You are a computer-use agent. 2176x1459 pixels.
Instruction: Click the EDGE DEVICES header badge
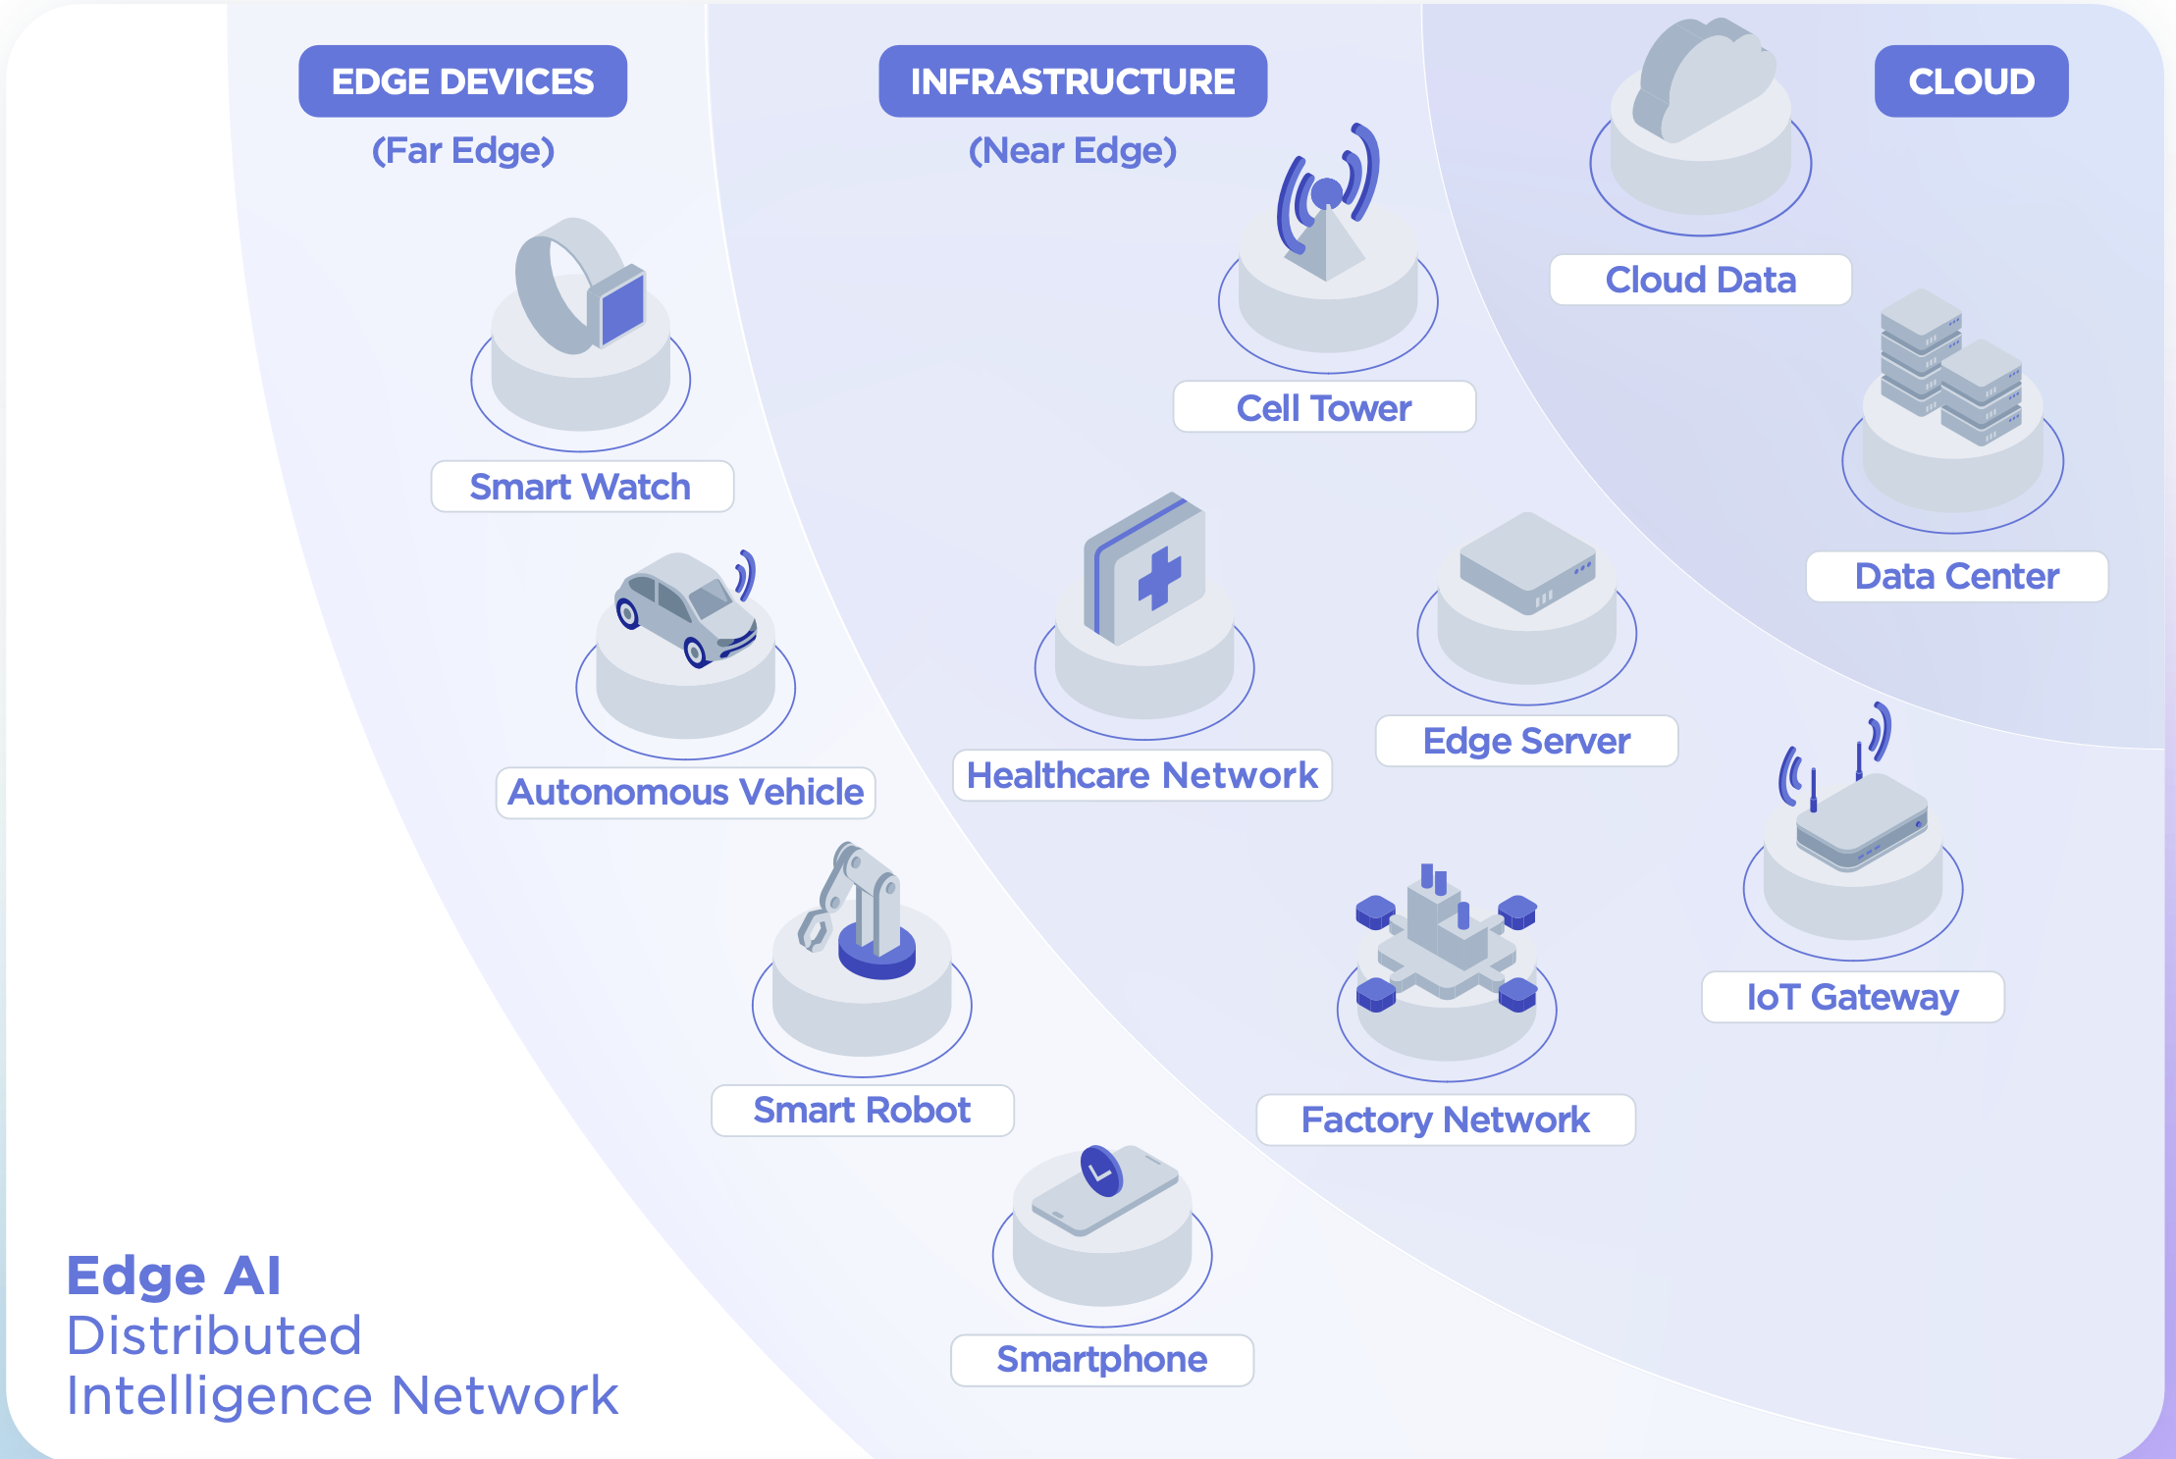pos(462,81)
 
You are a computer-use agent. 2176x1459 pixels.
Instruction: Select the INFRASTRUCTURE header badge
pos(1072,81)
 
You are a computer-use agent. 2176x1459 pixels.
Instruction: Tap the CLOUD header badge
pos(1971,81)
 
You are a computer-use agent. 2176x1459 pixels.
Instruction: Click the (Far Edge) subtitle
pos(462,150)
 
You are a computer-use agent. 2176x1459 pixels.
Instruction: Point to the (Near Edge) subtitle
pos(1072,150)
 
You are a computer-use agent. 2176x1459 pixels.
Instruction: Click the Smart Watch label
pos(581,487)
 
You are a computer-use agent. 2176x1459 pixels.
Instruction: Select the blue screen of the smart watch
pos(622,308)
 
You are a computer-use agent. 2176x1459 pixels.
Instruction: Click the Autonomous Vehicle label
pos(685,792)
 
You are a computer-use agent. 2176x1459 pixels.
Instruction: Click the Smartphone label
pos(1101,1360)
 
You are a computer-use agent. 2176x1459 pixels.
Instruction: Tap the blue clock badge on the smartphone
pos(1101,1171)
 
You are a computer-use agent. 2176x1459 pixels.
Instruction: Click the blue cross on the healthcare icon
pos(1159,579)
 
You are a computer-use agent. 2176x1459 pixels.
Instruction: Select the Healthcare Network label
pos(1141,775)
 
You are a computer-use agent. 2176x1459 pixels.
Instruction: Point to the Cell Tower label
pos(1324,407)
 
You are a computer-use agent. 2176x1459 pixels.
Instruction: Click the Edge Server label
pos(1526,741)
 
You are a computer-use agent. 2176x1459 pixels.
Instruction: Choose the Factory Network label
pos(1445,1120)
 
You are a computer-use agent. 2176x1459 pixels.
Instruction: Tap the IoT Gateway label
pos(1852,997)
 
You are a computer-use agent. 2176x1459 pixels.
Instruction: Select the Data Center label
pos(1956,576)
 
